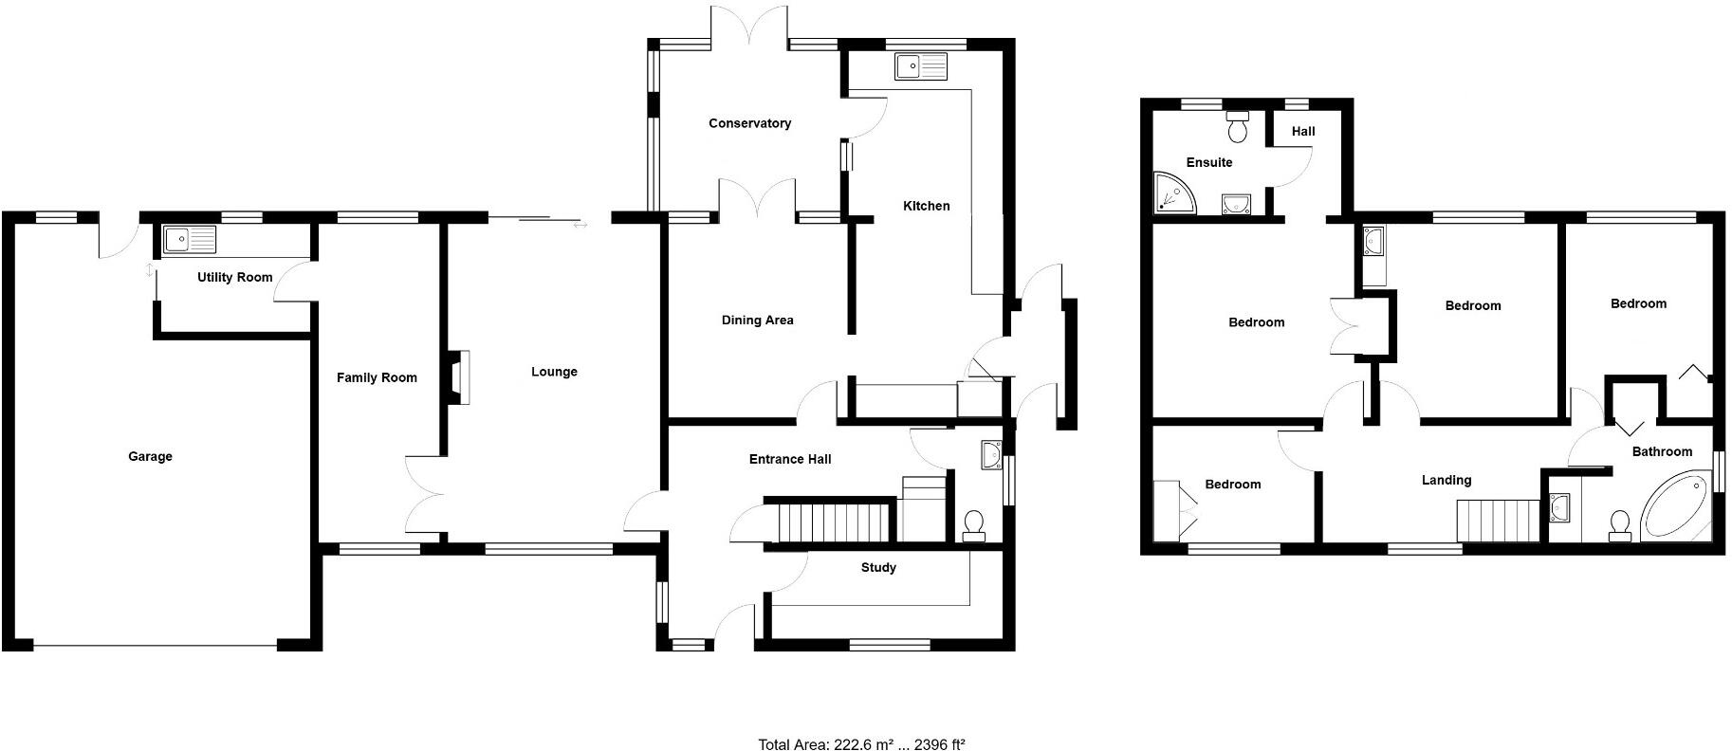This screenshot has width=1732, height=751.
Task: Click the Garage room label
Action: (x=150, y=457)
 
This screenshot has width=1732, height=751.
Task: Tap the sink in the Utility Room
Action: (x=189, y=239)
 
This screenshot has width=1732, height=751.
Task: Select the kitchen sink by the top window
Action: (x=920, y=65)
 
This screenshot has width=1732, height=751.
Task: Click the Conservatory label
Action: (x=749, y=123)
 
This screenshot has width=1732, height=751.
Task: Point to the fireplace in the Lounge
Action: (x=459, y=378)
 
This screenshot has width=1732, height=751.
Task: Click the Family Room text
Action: (x=377, y=377)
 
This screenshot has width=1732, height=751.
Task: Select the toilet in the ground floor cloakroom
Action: (x=973, y=523)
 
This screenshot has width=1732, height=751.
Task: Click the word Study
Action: (x=878, y=568)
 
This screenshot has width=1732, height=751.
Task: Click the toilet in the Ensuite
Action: (x=1238, y=126)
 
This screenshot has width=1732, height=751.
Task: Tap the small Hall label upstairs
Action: (x=1303, y=132)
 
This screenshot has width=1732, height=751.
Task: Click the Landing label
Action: (x=1446, y=481)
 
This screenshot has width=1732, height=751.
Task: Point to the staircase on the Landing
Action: (x=1497, y=520)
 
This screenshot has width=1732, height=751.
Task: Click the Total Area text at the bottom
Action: (x=861, y=744)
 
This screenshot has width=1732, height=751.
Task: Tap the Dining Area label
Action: (x=757, y=321)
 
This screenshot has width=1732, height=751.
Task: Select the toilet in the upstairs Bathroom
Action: (x=1619, y=524)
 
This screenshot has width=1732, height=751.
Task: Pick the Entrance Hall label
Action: (x=790, y=460)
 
